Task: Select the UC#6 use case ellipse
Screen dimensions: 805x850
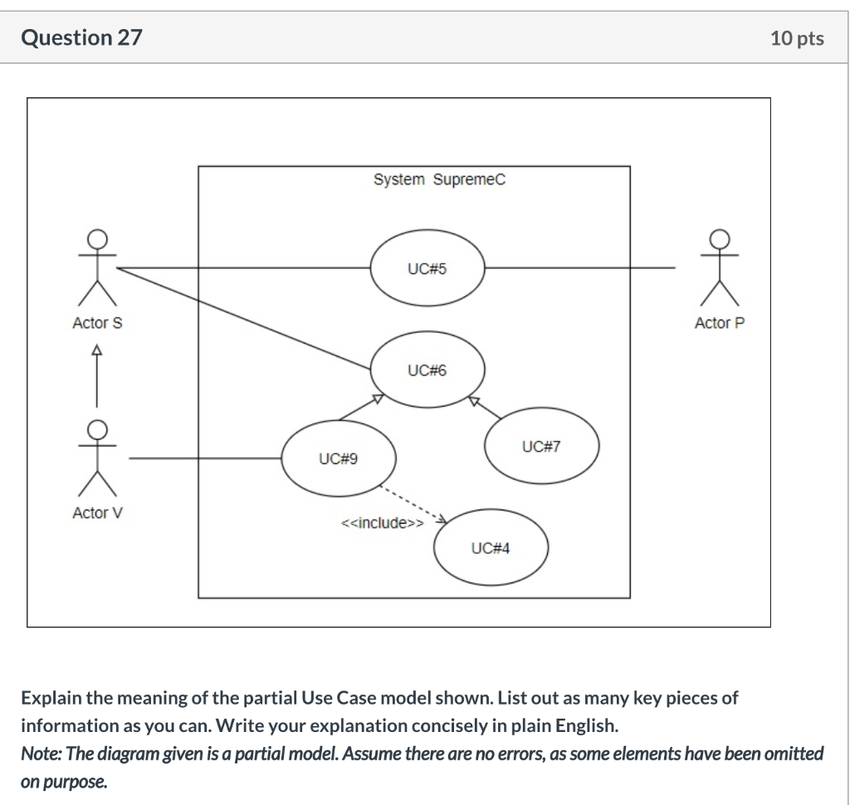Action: pos(427,370)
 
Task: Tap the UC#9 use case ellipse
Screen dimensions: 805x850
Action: pos(339,458)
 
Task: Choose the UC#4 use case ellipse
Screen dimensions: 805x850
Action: pos(491,549)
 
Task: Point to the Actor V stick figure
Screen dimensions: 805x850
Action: pos(97,456)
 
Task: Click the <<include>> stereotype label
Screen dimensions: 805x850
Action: pos(382,524)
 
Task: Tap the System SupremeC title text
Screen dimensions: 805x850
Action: pos(438,180)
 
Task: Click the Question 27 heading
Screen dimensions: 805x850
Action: pos(81,37)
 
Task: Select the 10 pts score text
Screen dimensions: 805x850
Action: pos(797,38)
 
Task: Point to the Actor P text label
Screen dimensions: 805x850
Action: pos(721,323)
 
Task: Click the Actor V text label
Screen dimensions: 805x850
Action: pos(97,513)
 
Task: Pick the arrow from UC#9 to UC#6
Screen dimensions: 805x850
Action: pos(360,409)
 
